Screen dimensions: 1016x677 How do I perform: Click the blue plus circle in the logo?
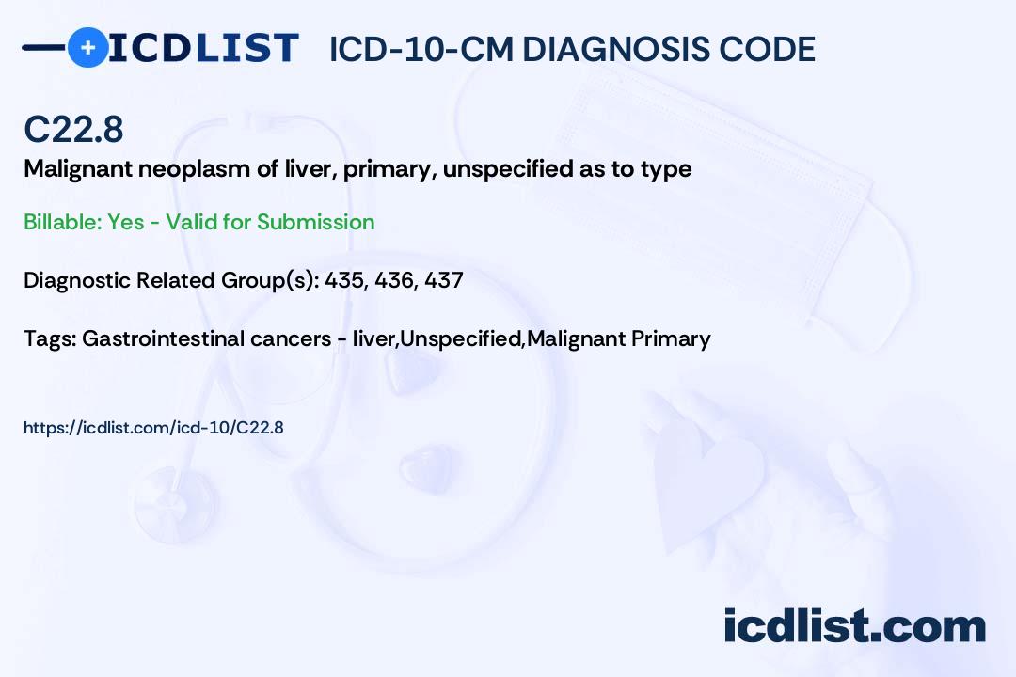[x=87, y=47]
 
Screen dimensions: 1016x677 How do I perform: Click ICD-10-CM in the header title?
[x=421, y=49]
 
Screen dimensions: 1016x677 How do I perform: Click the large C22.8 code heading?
[x=73, y=129]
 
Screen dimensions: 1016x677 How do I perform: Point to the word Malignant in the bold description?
[x=78, y=170]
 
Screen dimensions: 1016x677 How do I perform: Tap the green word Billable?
[x=62, y=222]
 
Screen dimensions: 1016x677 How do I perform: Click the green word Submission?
[x=315, y=222]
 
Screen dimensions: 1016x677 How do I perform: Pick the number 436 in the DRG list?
[x=395, y=280]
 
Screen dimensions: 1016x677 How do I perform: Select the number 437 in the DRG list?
[x=444, y=280]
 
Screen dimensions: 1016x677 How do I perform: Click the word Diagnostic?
[x=76, y=280]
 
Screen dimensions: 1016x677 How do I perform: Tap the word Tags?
[x=49, y=338]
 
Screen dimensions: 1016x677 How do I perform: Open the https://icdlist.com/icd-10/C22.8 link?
[x=153, y=428]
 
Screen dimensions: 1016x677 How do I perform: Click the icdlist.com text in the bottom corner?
[x=854, y=626]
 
